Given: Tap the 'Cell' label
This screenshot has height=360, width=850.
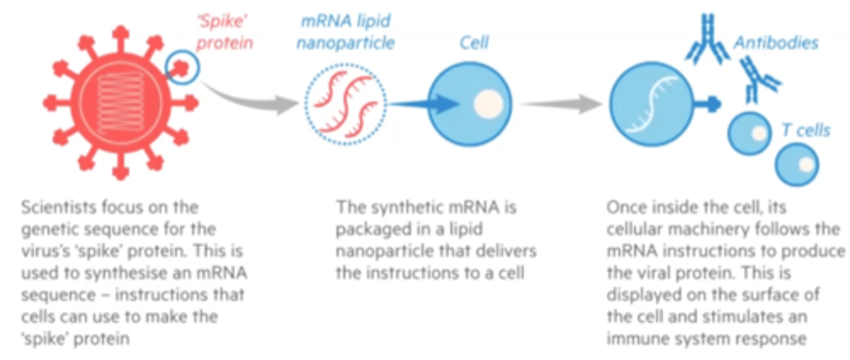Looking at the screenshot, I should pyautogui.click(x=473, y=42).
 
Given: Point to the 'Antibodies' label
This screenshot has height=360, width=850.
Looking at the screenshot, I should pyautogui.click(x=776, y=43).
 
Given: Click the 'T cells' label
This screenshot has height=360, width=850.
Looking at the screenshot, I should pyautogui.click(x=805, y=130).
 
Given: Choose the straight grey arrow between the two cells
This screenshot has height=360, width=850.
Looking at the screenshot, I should pyautogui.click(x=560, y=104).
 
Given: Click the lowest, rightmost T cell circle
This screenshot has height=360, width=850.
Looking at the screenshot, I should pyautogui.click(x=796, y=164).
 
